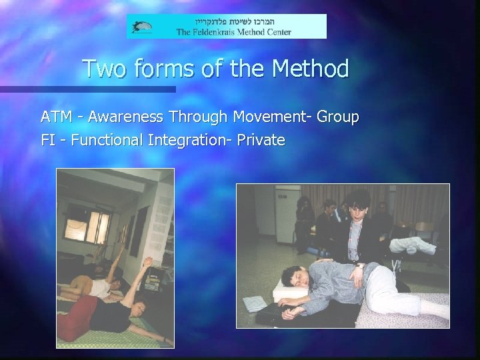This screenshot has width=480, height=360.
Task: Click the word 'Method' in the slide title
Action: pyautogui.click(x=307, y=69)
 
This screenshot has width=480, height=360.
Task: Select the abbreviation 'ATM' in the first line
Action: pyautogui.click(x=53, y=117)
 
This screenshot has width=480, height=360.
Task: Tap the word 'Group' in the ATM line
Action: pyautogui.click(x=338, y=117)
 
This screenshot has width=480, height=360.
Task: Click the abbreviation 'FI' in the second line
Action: pyautogui.click(x=47, y=140)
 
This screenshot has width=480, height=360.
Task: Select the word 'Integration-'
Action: pyautogui.click(x=193, y=140)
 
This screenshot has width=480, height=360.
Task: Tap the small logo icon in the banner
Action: pyautogui.click(x=142, y=27)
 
